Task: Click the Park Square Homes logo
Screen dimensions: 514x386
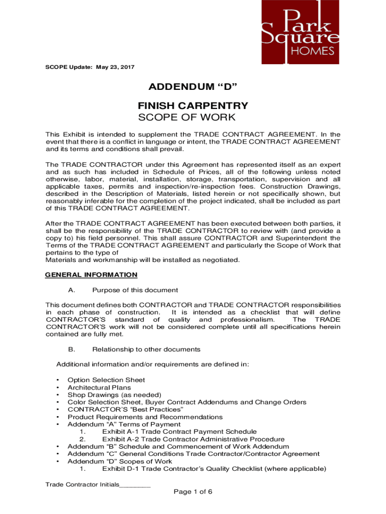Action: coord(300,32)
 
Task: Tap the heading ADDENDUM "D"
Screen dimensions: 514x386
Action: coord(192,88)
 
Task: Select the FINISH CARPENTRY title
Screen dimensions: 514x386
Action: coord(192,106)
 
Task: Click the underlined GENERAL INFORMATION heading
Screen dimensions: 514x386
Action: coord(91,275)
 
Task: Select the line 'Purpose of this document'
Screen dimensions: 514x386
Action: coord(135,290)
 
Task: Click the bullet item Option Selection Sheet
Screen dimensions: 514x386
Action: coord(106,380)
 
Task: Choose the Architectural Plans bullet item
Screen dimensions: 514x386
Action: coord(99,388)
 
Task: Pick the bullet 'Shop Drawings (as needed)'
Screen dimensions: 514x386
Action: coord(114,395)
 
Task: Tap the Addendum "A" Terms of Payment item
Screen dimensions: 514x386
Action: coord(124,424)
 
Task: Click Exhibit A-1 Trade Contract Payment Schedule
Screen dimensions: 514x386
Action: coord(179,432)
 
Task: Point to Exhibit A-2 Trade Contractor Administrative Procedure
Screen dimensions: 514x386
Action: coord(193,439)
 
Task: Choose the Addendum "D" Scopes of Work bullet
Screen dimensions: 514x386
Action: coord(120,461)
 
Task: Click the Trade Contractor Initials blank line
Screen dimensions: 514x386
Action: coord(135,486)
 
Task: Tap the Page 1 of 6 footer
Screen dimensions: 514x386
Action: coord(193,492)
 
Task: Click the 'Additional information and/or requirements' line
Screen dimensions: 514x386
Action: coord(152,364)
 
